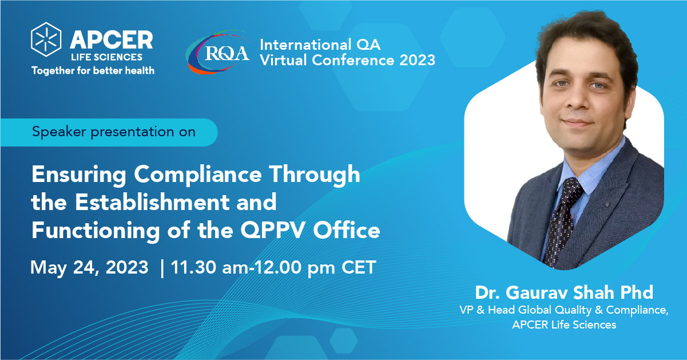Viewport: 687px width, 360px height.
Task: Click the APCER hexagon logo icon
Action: pos(46,39)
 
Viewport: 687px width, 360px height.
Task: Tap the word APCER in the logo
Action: pos(112,40)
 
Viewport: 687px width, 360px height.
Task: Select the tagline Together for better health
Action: pos(93,71)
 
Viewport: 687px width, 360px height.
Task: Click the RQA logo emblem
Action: pos(219,52)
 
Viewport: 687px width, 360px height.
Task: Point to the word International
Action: pos(305,45)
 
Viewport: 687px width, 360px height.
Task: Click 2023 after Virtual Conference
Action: pos(418,60)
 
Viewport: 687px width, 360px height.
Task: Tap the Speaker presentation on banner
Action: pos(109,132)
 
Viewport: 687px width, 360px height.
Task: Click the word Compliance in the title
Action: pos(198,175)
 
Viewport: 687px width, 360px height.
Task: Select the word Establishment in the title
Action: pos(152,202)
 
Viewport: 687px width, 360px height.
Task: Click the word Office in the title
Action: pos(346,230)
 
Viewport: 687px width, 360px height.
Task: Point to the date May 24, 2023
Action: pos(89,268)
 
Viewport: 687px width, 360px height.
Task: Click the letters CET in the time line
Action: pos(359,267)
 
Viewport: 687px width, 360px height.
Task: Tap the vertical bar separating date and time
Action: pos(162,268)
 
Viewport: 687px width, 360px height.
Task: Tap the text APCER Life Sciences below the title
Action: pos(564,325)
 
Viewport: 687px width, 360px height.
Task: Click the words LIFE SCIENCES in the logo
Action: pos(107,57)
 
